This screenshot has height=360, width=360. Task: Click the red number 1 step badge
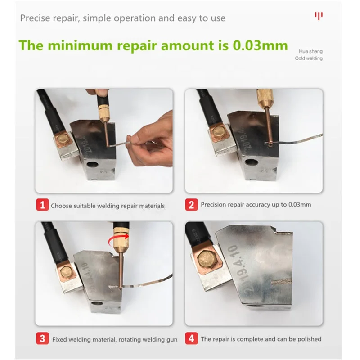[x=42, y=205]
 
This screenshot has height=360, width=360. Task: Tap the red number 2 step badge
[x=192, y=205]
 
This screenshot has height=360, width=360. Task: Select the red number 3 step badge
[x=42, y=338]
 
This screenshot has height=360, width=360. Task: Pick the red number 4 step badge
[x=192, y=338]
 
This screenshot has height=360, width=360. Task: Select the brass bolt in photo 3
[x=66, y=273]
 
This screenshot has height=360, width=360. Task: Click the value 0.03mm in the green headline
[x=260, y=45]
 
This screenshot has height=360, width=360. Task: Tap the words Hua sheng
[x=310, y=51]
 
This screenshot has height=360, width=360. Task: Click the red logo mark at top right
[x=319, y=16]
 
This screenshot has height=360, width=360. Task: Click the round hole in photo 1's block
[x=93, y=165]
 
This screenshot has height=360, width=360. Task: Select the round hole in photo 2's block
[x=250, y=162]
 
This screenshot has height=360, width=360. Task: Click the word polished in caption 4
[x=309, y=339]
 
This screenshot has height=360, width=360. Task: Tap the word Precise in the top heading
[x=35, y=18]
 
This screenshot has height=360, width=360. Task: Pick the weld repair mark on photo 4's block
[x=282, y=281]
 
